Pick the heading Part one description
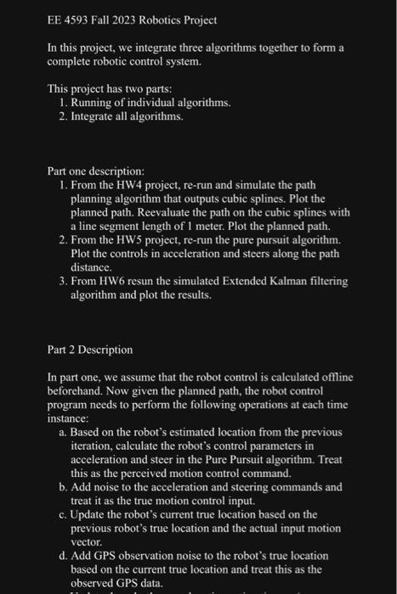pyautogui.click(x=96, y=171)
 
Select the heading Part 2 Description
pyautogui.click(x=91, y=349)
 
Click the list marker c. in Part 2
pyautogui.click(x=65, y=514)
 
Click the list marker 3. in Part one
pyautogui.click(x=65, y=281)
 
